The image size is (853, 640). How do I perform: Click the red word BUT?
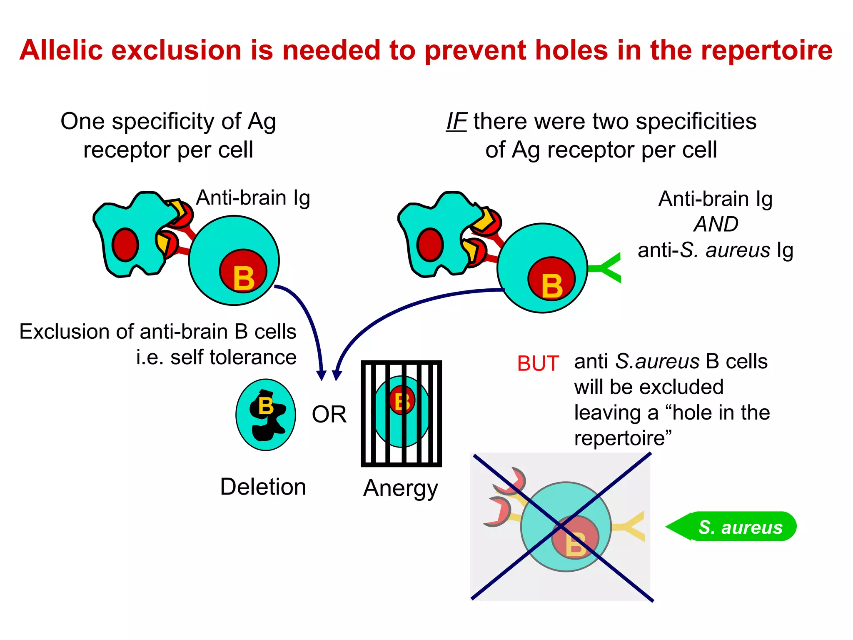pos(538,363)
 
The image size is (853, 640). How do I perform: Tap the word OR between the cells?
pos(329,415)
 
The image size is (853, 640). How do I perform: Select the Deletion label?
pos(263,487)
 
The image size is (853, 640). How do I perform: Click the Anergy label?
pos(401,488)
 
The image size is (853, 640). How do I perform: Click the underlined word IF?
pos(456,122)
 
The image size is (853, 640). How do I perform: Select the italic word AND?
pos(716,224)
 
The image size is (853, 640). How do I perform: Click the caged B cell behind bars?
pos(402,412)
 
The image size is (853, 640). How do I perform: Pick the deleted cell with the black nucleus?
pos(266,415)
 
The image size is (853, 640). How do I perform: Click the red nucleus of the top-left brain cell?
pos(125,245)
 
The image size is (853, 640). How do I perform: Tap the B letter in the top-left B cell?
pos(244,278)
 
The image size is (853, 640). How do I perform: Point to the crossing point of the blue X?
pos(562,527)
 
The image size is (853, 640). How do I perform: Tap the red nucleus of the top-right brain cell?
pos(430,245)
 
